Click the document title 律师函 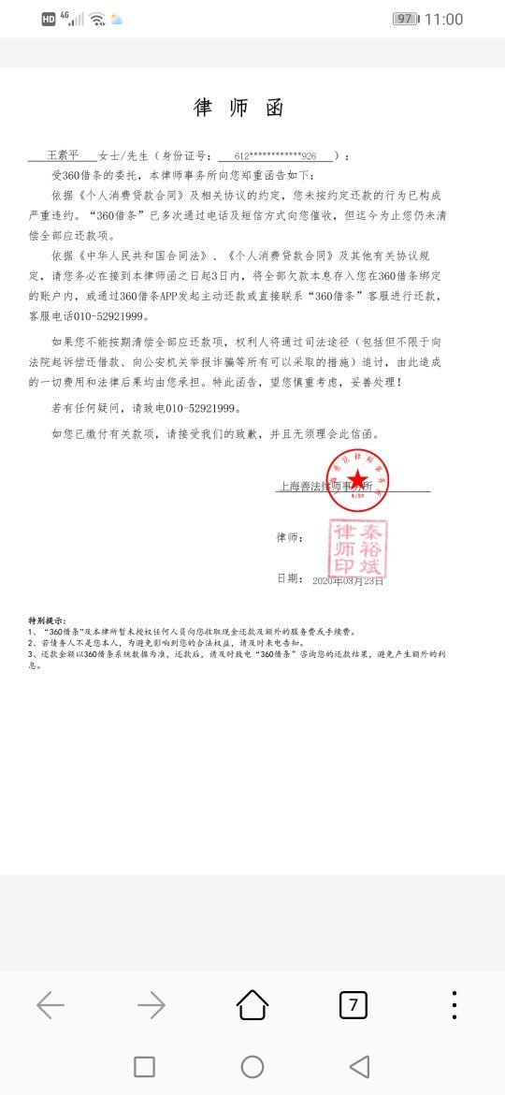click(x=238, y=108)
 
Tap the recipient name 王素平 click(x=65, y=155)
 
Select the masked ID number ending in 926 click(x=275, y=156)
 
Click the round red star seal click(x=357, y=480)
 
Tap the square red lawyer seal click(x=357, y=549)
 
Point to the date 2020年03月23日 click(x=348, y=580)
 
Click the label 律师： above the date click(x=290, y=538)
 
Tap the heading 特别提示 click(x=47, y=620)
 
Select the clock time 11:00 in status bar click(x=443, y=19)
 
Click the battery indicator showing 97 click(x=405, y=19)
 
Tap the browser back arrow click(x=50, y=1005)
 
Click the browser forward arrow click(x=151, y=1005)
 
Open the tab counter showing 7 click(x=353, y=1005)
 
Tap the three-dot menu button click(x=454, y=1005)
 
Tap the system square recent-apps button click(x=144, y=1067)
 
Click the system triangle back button click(x=359, y=1067)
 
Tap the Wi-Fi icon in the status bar click(x=97, y=19)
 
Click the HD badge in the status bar click(x=49, y=19)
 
